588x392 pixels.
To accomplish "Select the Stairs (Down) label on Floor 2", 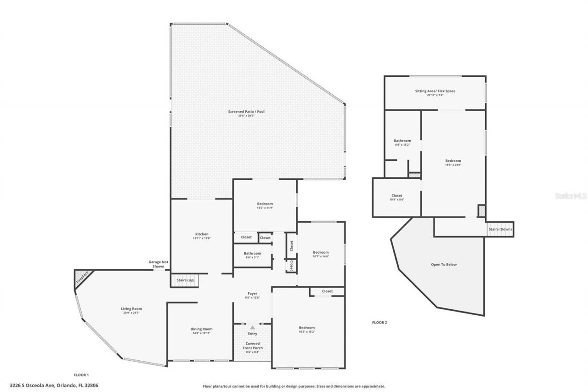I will [x=500, y=229].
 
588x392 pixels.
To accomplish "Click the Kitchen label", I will [x=202, y=234].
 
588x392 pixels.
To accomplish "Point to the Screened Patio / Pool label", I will [x=246, y=112].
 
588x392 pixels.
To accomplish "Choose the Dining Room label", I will [x=202, y=329].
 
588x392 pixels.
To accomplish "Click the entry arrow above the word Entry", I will [x=252, y=327].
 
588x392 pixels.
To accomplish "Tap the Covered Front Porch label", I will [x=252, y=346].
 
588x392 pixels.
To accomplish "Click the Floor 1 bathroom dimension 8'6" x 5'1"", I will [x=252, y=257].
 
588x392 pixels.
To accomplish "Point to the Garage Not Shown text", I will [x=158, y=264].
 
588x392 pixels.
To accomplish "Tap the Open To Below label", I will [x=444, y=265].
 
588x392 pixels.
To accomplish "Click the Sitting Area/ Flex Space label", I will [x=435, y=91].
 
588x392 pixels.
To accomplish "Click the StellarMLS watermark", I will [x=571, y=196].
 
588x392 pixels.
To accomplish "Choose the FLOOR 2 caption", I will [x=379, y=323].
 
